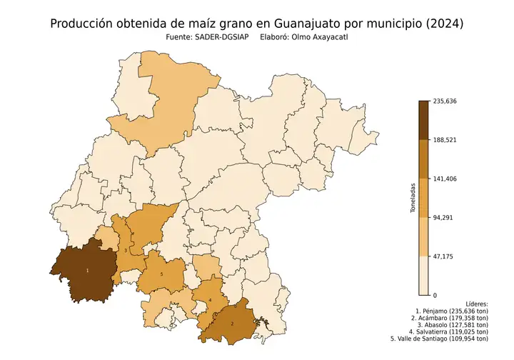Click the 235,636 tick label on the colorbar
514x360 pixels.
pos(444,101)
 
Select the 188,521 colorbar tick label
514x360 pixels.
pos(444,140)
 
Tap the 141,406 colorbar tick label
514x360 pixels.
pos(444,179)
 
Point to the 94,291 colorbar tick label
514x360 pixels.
pos(443,217)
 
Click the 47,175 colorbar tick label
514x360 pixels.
pos(443,256)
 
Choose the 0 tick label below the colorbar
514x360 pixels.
pos(435,294)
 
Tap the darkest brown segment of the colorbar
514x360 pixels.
pos(423,120)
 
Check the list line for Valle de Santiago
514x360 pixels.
pos(440,339)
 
